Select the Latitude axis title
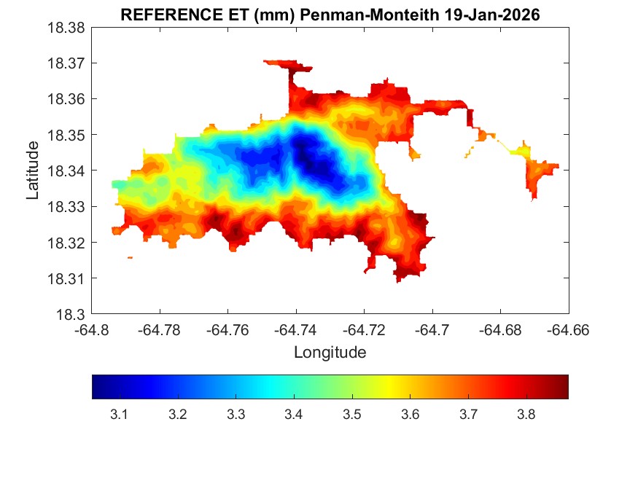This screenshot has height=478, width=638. (33, 171)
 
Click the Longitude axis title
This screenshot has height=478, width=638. (330, 353)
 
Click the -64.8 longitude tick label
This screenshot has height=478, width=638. (93, 330)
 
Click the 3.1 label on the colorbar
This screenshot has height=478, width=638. (119, 415)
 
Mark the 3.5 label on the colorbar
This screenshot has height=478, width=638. (351, 415)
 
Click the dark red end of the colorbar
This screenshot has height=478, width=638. (562, 387)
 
